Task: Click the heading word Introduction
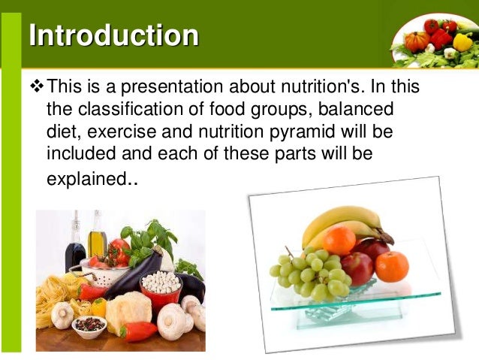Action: (x=113, y=35)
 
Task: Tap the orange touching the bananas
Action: (x=339, y=241)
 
